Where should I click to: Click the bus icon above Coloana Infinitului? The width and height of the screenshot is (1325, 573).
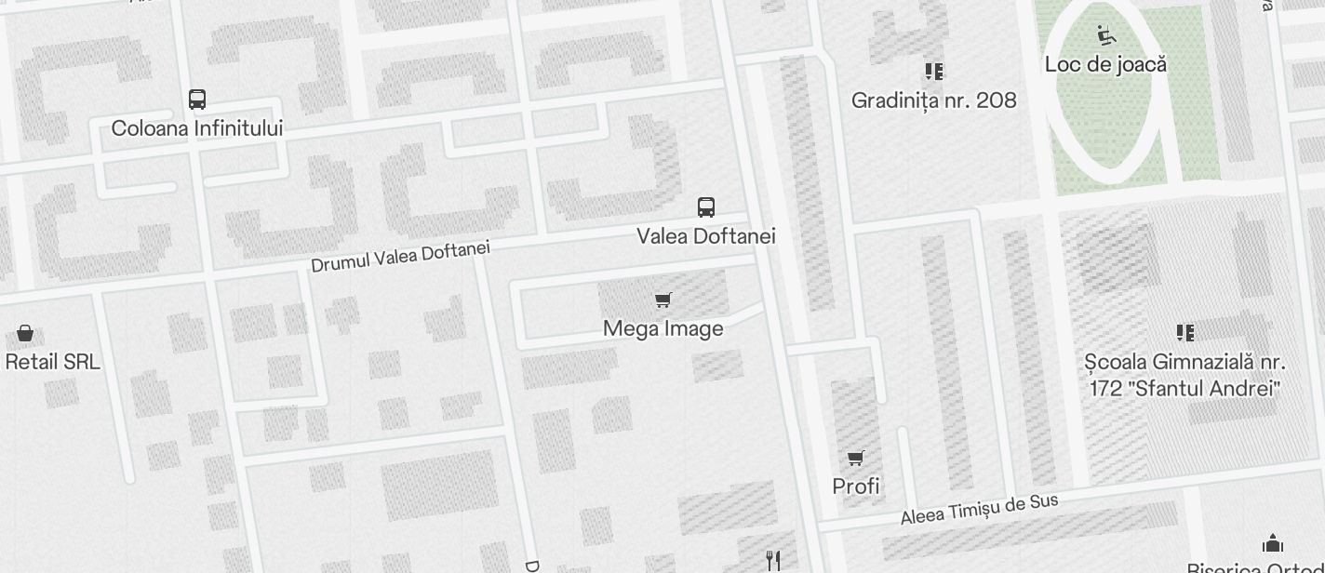[x=197, y=100]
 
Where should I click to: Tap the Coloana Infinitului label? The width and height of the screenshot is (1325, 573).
[x=197, y=128]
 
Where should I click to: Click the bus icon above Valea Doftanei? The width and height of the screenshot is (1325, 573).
[x=706, y=207]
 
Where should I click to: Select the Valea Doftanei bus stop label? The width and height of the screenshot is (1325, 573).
[x=706, y=236]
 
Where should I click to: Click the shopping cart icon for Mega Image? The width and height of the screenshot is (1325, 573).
[x=663, y=300]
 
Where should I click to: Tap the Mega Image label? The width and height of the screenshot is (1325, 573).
[x=663, y=329]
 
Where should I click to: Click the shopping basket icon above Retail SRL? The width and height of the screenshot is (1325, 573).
[x=25, y=333]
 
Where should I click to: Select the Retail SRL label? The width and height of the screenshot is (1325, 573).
[x=52, y=362]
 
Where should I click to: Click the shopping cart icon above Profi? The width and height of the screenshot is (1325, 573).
[x=856, y=457]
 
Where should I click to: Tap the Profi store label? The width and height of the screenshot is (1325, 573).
[x=856, y=486]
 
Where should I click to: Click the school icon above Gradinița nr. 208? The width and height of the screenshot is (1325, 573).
[x=934, y=72]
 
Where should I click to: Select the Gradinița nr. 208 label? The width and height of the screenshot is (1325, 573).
[x=934, y=100]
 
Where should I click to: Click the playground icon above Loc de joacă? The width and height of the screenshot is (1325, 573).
[x=1105, y=35]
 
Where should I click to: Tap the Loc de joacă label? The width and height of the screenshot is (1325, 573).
[x=1105, y=65]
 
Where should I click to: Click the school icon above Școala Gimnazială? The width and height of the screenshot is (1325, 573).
[x=1185, y=332]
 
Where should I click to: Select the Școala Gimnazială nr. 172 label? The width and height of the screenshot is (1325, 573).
[x=1185, y=375]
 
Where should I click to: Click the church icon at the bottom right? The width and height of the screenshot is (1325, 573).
[x=1273, y=543]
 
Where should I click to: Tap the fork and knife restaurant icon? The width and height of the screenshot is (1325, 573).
[x=772, y=560]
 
